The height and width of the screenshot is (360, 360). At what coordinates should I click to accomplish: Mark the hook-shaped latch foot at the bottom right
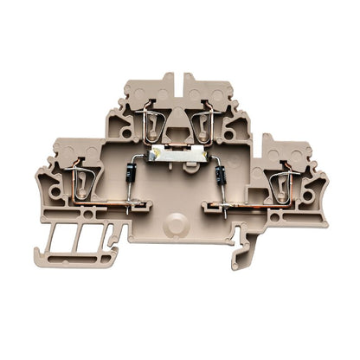242,255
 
